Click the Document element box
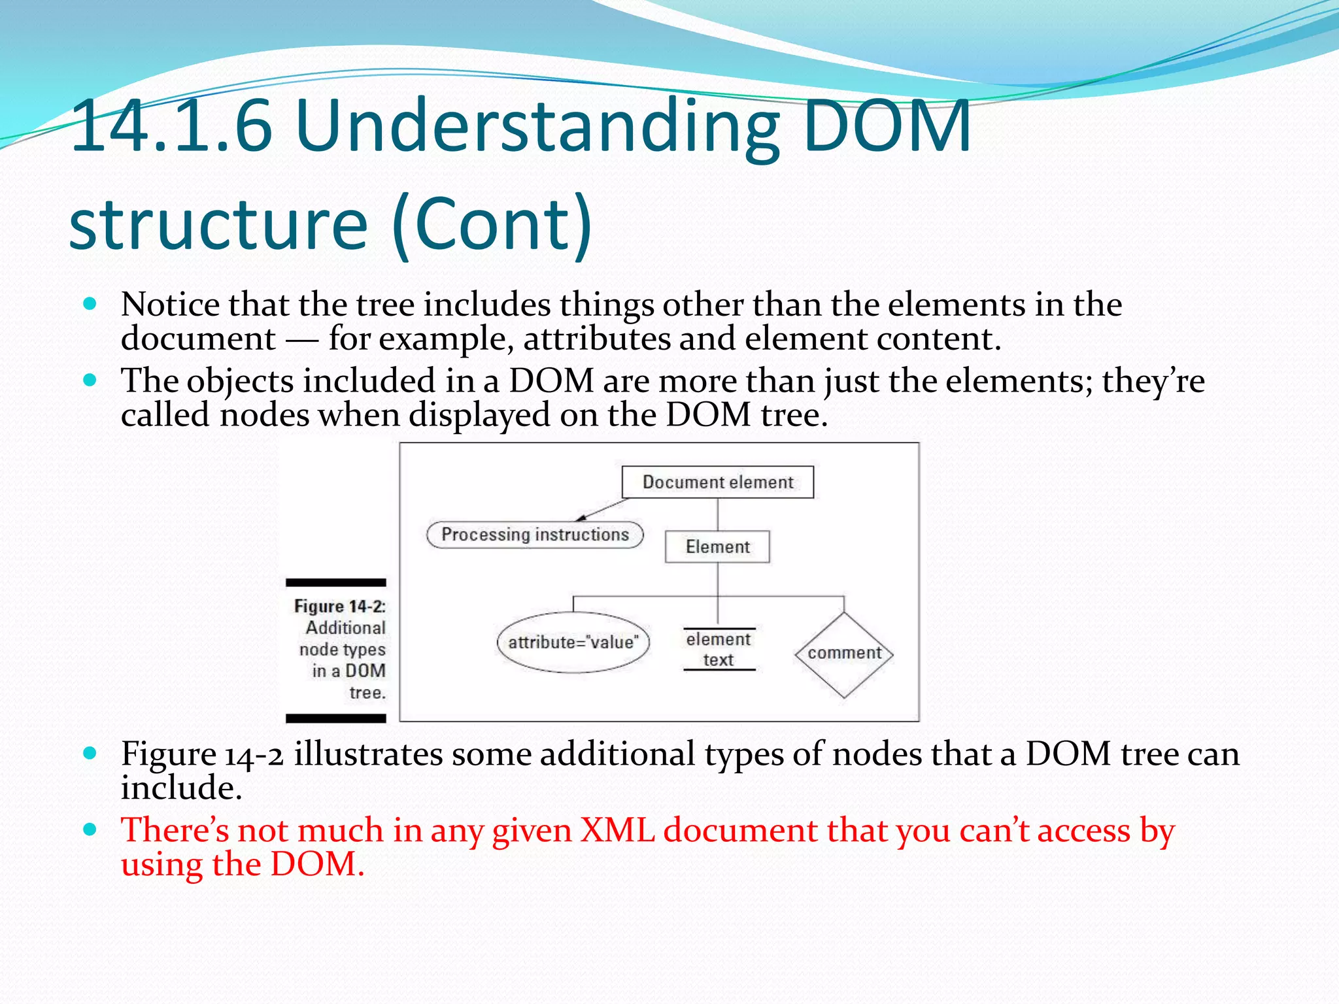717,482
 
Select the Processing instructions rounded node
535,535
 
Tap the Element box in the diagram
717,546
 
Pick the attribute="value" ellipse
573,643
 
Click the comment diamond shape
844,654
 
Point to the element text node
719,649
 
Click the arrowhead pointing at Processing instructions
581,518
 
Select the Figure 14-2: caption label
339,607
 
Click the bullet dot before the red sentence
90,830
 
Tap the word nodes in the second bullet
264,415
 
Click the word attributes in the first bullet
596,339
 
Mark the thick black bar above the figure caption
336,582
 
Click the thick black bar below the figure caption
336,718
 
